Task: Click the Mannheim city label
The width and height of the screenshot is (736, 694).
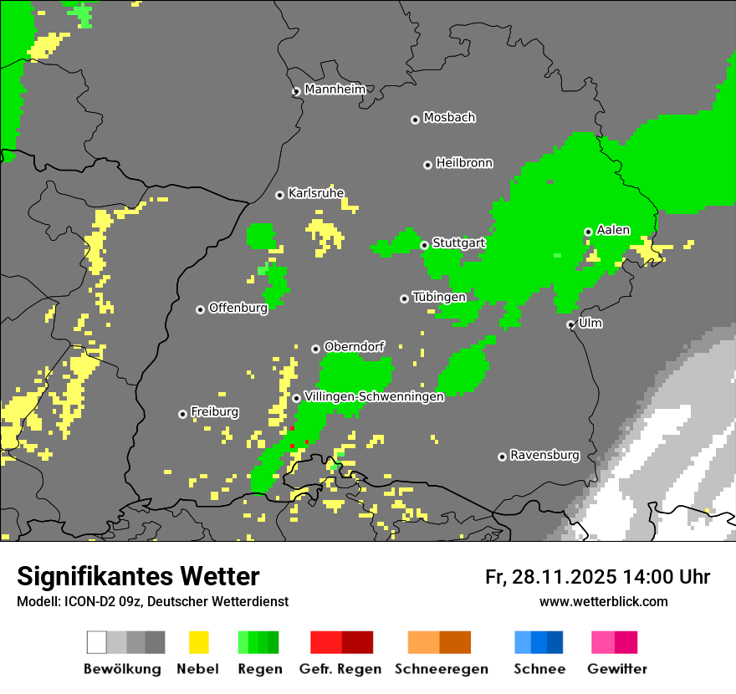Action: pos(335,89)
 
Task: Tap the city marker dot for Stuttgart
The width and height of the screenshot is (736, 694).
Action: pos(425,245)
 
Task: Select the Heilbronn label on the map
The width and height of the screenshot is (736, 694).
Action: pos(464,163)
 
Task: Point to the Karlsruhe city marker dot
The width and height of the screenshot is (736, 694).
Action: pos(280,195)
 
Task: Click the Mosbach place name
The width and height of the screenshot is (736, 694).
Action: pos(449,118)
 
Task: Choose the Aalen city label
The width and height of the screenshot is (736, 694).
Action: pos(613,230)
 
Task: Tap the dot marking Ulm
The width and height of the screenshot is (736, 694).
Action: pos(571,324)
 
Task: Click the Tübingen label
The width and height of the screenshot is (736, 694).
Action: pos(439,297)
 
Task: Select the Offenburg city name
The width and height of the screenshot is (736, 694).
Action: pos(238,308)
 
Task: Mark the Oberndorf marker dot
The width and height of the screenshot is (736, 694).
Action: pos(316,349)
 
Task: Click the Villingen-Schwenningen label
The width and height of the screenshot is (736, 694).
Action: pos(374,397)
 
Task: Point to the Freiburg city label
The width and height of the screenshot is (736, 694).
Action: pos(214,412)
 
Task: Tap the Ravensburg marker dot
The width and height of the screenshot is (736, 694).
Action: pos(503,457)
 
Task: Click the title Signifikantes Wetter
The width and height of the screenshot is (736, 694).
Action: pos(138,576)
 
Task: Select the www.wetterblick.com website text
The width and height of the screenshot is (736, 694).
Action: pos(603,601)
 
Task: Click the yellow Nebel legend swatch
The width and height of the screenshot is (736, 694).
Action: pos(198,642)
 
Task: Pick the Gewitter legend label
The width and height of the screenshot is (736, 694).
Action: pos(617,669)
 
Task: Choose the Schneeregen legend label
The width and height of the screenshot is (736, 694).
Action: pos(441,669)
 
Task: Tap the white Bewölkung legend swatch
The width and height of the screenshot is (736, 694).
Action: pos(97,642)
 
